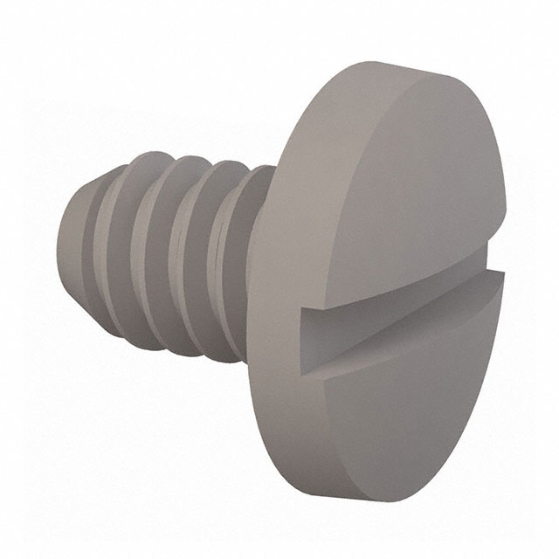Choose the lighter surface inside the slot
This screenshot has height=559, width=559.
411,301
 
